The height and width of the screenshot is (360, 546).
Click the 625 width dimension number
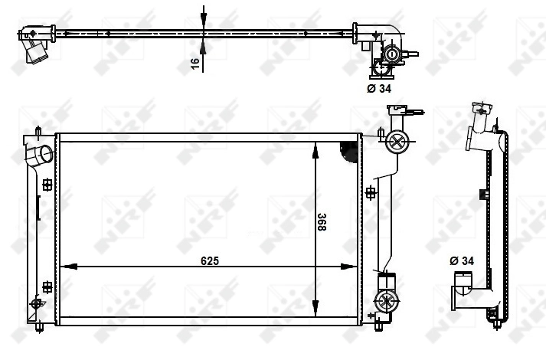[x=210, y=260]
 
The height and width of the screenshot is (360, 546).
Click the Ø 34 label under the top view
[x=380, y=88]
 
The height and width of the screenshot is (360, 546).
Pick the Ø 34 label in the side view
[x=462, y=261]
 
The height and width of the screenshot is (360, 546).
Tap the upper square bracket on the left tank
[x=47, y=184]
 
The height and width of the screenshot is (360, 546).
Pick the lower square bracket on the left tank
[x=47, y=287]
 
